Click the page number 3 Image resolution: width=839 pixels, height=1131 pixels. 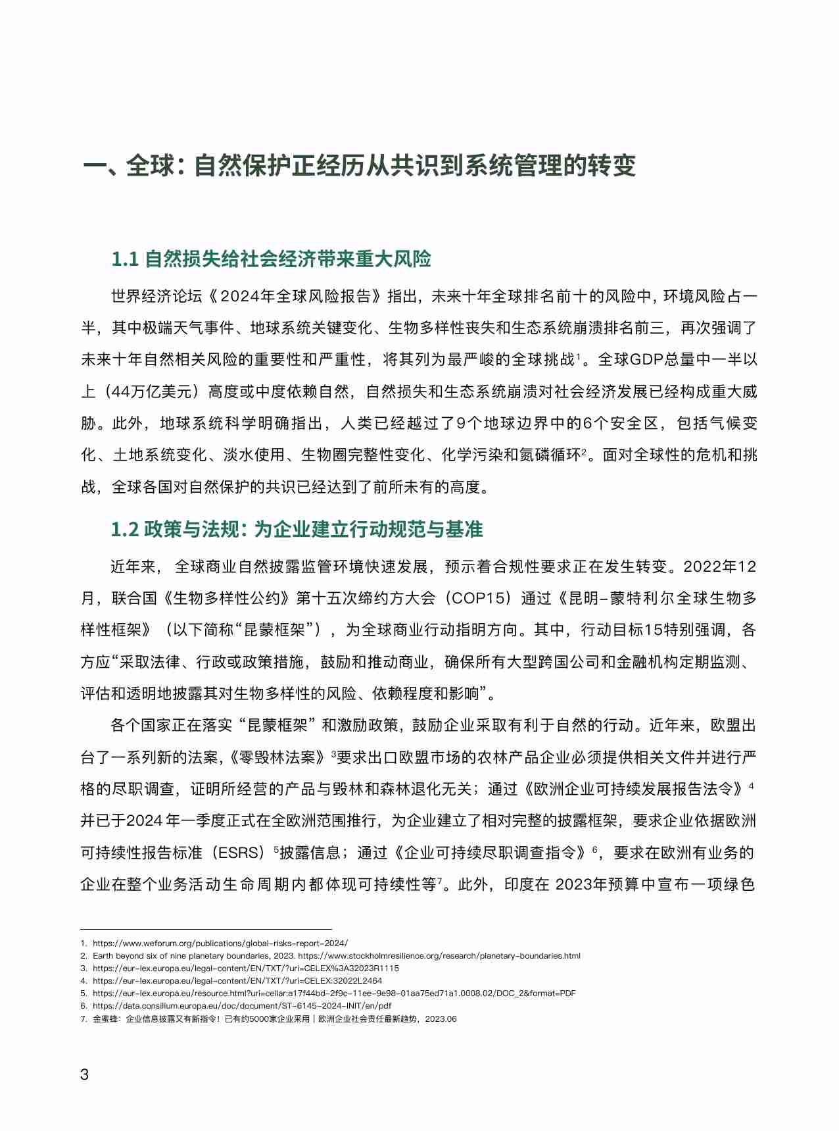pyautogui.click(x=84, y=1074)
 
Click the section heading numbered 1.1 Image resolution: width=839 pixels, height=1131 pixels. pyautogui.click(x=271, y=259)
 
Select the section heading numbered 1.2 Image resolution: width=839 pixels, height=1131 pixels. pyautogui.click(x=297, y=529)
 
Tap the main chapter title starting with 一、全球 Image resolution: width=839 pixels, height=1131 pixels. pyautogui.click(x=359, y=165)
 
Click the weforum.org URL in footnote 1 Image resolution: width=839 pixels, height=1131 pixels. pyautogui.click(x=220, y=943)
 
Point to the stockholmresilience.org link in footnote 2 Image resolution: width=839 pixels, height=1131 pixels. pyautogui.click(x=439, y=955)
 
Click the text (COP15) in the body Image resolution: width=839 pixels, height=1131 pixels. pyautogui.click(x=478, y=598)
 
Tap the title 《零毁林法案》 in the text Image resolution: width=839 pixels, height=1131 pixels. pyautogui.click(x=279, y=757)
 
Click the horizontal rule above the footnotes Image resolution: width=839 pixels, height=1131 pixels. pyautogui.click(x=206, y=929)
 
